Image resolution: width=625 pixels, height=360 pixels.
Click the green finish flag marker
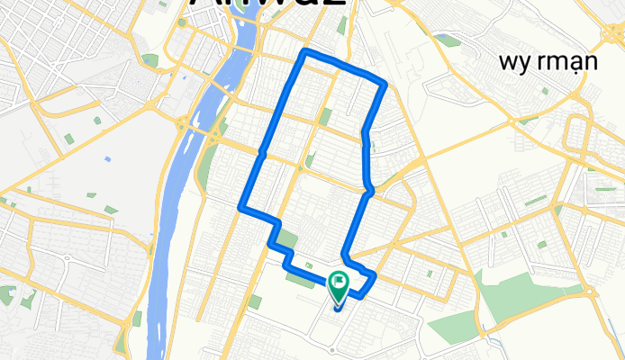pyautogui.click(x=339, y=287)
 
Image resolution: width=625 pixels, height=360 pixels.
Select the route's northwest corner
pyautogui.click(x=305, y=51)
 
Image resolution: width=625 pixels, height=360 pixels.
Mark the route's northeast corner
pyautogui.click(x=385, y=86)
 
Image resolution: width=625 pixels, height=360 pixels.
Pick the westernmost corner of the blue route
pyautogui.click(x=240, y=209)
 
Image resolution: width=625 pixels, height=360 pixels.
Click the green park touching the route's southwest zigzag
pyautogui.click(x=286, y=240)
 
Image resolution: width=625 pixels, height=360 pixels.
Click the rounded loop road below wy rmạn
pyautogui.click(x=576, y=135)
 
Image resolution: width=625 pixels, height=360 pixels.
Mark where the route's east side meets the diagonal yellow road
pyautogui.click(x=369, y=190)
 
